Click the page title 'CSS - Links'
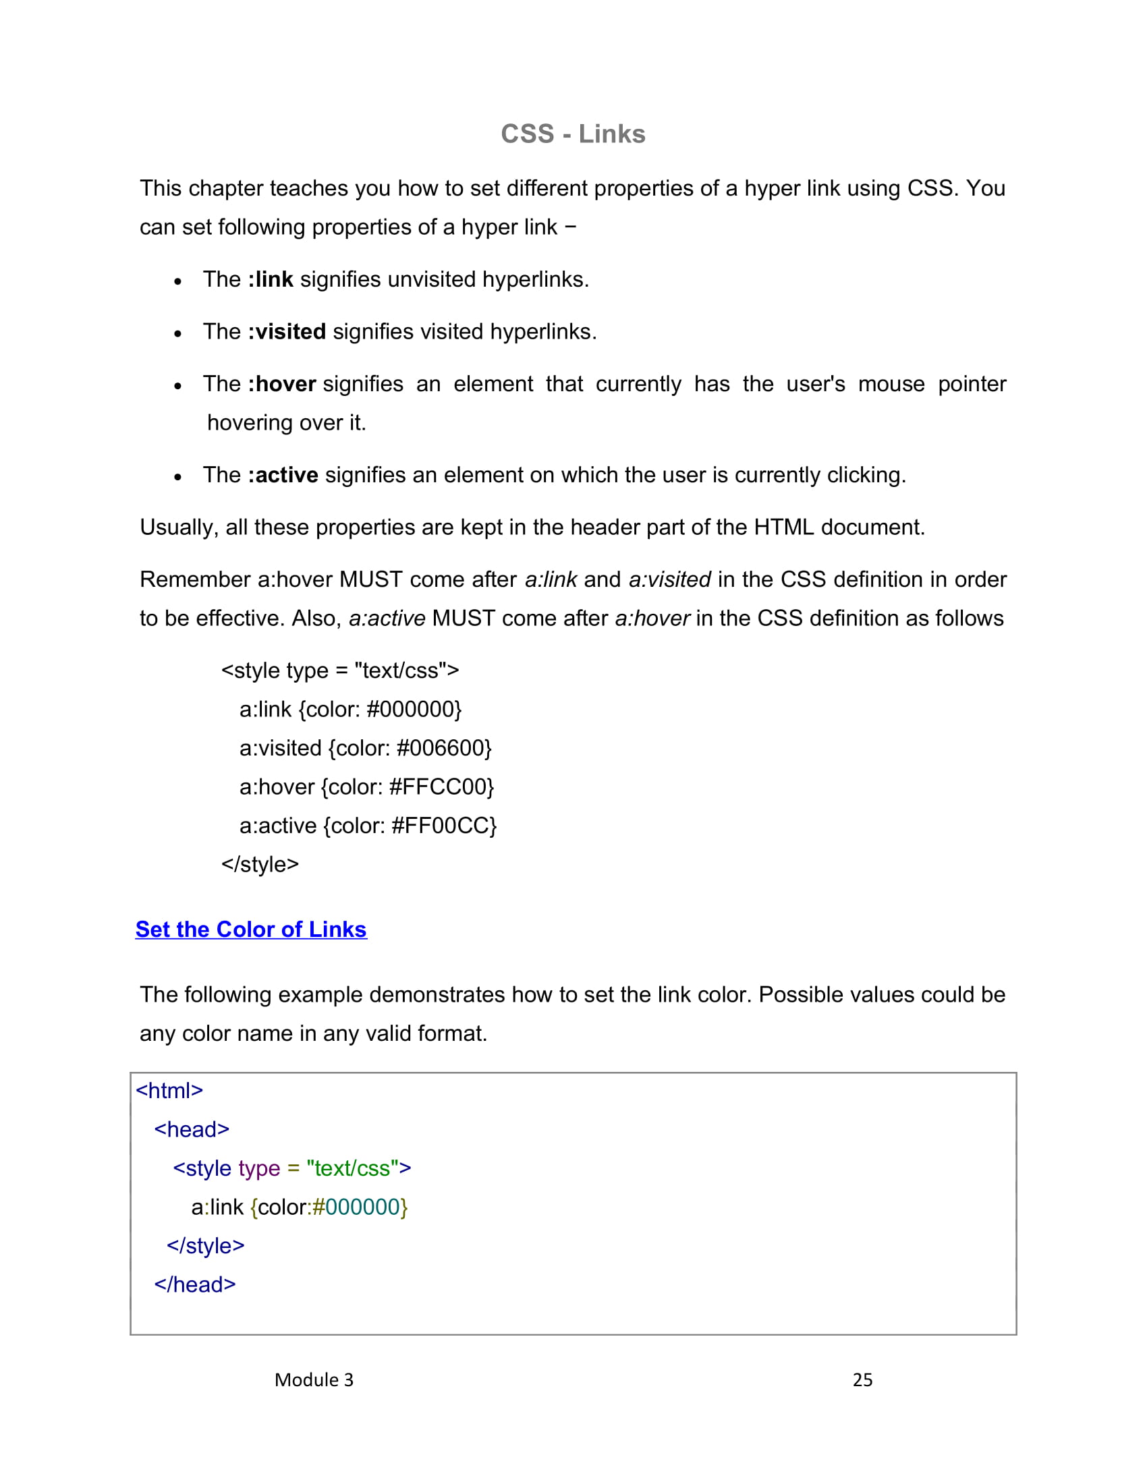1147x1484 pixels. coord(573,134)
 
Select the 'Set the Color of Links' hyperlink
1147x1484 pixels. coord(251,929)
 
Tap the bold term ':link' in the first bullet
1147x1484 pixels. coord(271,279)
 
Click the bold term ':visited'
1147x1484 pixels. coord(287,332)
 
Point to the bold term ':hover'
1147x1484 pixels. coord(282,384)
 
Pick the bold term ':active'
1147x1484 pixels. coord(283,475)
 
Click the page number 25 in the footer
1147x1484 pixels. coord(862,1380)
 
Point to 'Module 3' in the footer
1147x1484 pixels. coord(314,1380)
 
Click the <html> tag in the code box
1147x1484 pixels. coord(169,1091)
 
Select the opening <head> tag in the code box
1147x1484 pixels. coord(192,1129)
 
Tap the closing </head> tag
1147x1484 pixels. coord(195,1284)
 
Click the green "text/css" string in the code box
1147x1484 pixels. coord(352,1168)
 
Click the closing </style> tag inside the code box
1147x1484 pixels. coord(205,1245)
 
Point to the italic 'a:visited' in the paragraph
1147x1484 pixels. coord(669,579)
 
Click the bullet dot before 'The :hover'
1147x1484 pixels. coord(177,386)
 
